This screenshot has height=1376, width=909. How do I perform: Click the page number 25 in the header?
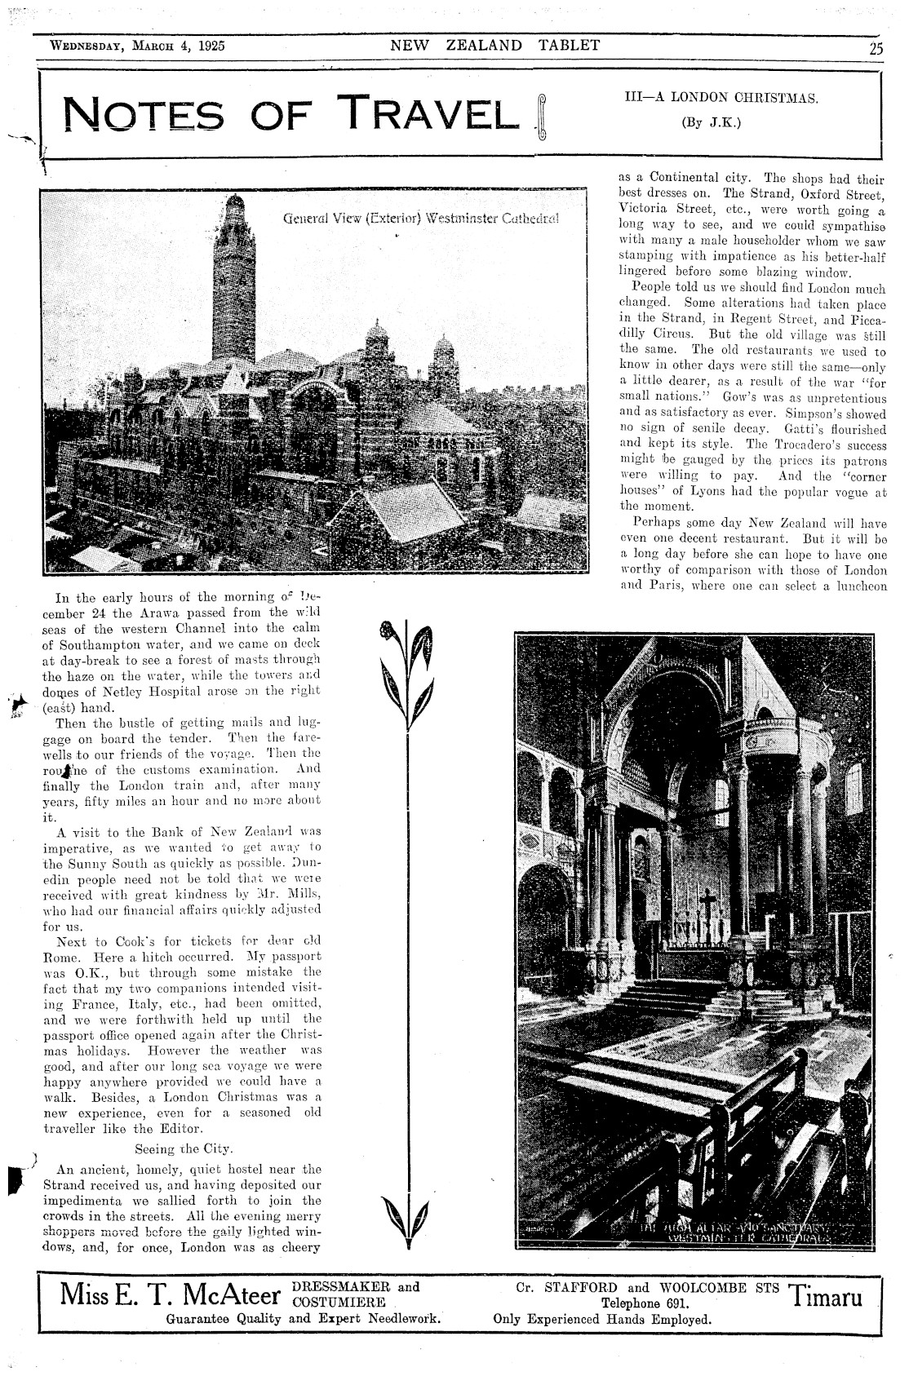pyautogui.click(x=875, y=47)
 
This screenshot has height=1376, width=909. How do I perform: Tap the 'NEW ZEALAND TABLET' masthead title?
pyautogui.click(x=495, y=46)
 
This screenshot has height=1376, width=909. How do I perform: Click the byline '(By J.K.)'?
pyautogui.click(x=721, y=123)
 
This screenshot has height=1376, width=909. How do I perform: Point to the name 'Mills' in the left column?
pyautogui.click(x=302, y=894)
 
